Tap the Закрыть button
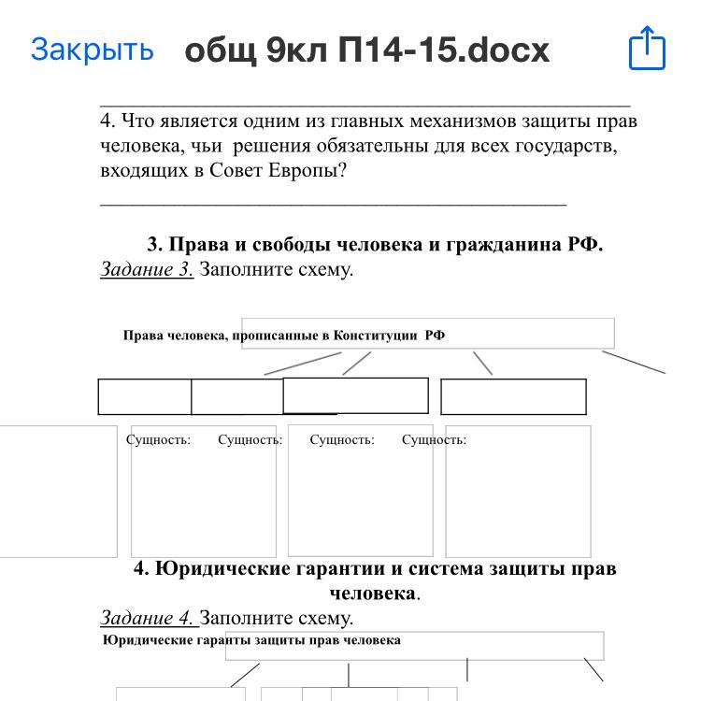coord(92,50)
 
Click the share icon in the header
coord(647,48)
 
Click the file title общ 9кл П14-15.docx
coord(367,50)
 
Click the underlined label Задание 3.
coord(147,270)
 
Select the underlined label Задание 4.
coord(147,618)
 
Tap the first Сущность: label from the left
coord(159,439)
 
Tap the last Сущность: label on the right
coord(434,439)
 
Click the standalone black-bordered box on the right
coord(513,397)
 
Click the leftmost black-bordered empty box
coord(145,397)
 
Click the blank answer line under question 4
coord(333,200)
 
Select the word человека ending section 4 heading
coord(372,594)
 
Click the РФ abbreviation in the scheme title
coord(435,336)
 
